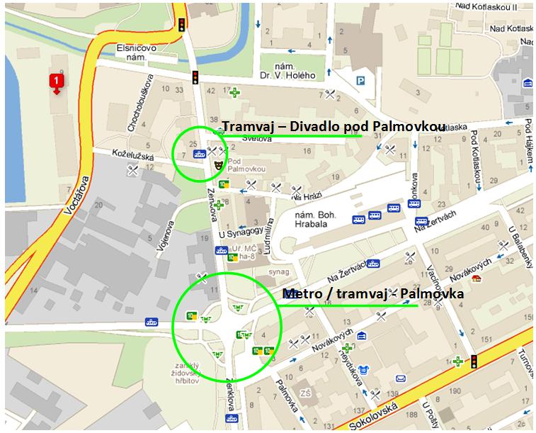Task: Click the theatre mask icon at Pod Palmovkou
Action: point(216,165)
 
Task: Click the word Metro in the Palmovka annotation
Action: point(300,293)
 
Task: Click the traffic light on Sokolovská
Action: point(474,361)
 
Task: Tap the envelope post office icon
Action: point(362,335)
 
